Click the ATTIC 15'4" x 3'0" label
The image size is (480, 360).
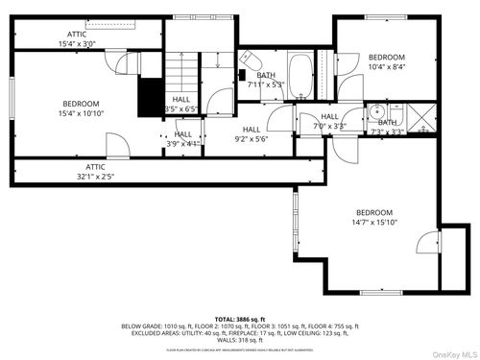tap(77, 37)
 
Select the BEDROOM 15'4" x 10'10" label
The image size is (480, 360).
tap(81, 108)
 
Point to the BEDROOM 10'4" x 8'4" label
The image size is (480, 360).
tap(387, 62)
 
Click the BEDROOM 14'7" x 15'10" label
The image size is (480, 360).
tap(374, 218)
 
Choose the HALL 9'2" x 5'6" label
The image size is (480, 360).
tap(252, 134)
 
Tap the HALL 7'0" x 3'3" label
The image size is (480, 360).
tap(329, 121)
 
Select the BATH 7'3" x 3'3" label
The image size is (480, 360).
tap(386, 128)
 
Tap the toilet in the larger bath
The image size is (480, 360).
tap(246, 58)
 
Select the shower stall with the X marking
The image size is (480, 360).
tap(420, 120)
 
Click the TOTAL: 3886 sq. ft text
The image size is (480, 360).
tap(239, 318)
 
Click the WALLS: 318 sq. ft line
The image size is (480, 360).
tap(240, 339)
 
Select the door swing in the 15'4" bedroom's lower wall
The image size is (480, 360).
tap(116, 147)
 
